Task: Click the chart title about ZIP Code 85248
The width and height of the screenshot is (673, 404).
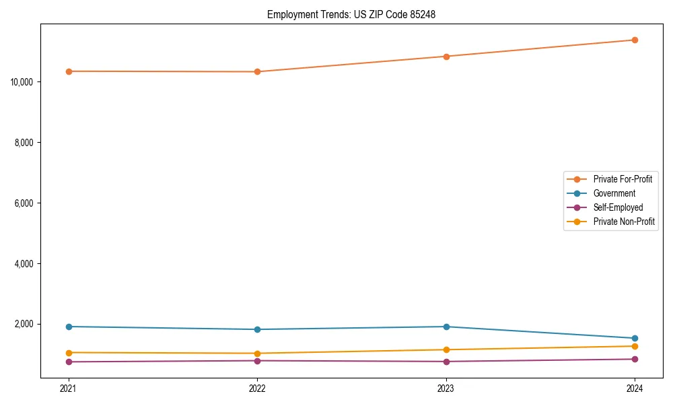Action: (351, 14)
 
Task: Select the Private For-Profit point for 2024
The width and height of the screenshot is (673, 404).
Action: (635, 40)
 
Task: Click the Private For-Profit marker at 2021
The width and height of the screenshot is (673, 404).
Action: (69, 71)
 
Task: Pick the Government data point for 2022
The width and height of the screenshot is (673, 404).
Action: (257, 329)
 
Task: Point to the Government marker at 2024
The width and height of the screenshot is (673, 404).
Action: (635, 338)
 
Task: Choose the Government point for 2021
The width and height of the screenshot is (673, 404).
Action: (69, 327)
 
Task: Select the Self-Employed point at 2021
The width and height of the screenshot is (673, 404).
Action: (69, 362)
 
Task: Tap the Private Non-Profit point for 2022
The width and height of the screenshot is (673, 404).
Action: (257, 353)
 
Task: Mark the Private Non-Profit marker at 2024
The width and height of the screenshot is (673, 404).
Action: (635, 346)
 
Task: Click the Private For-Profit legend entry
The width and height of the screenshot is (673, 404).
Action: (623, 179)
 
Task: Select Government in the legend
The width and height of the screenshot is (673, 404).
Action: (614, 193)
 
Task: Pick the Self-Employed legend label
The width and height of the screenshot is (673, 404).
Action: (618, 207)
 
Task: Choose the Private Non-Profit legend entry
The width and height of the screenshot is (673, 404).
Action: (624, 222)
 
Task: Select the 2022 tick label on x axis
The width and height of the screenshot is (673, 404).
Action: (257, 388)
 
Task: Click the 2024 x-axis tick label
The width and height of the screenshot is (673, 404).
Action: (635, 388)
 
